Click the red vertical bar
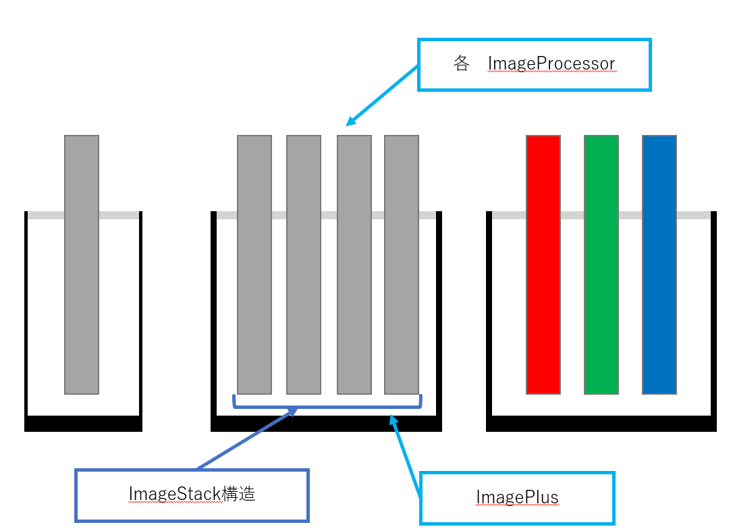(543, 264)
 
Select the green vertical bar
(601, 264)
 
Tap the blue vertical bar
(659, 264)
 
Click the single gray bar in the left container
(82, 264)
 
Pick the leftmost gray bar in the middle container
(254, 264)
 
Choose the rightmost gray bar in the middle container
(402, 264)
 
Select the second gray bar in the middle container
(304, 264)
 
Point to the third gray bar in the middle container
(354, 264)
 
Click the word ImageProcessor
(551, 64)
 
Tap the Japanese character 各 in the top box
(462, 64)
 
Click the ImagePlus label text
(517, 498)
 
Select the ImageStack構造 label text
(192, 494)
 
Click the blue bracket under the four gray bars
(327, 406)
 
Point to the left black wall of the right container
(489, 317)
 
